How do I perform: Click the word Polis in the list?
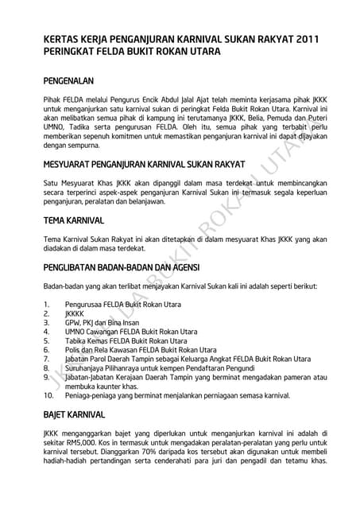(x=74, y=349)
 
